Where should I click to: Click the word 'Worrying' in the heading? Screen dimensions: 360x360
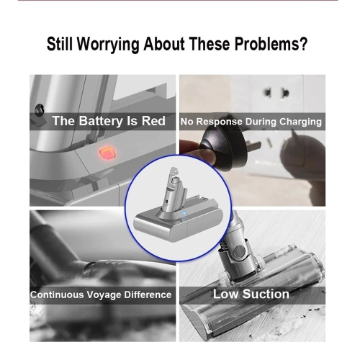108,45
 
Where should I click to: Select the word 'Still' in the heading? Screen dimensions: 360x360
60,44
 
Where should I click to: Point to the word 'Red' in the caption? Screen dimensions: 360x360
153,121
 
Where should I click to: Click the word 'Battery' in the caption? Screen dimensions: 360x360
101,121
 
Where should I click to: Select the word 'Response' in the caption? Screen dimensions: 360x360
219,122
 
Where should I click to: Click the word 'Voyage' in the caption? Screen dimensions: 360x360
104,295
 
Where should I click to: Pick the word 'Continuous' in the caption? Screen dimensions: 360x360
57,294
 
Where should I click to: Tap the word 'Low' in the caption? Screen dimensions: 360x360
226,294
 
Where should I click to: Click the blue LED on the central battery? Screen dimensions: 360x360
184,212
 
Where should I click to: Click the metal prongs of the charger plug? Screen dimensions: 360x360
253,145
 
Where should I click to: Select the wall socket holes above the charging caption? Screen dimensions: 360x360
276,92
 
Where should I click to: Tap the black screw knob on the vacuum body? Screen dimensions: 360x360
40,109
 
